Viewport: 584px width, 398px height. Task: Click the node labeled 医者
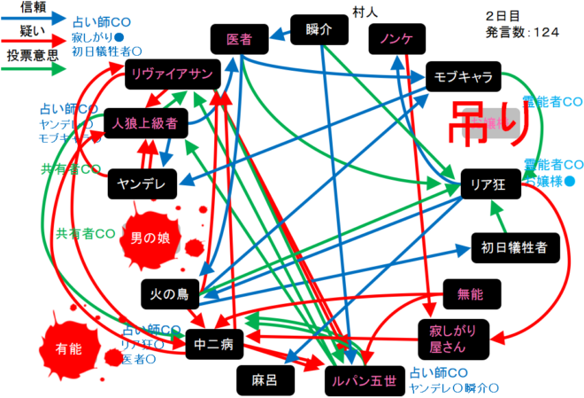pos(238,39)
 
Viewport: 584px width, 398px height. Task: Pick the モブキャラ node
pos(463,77)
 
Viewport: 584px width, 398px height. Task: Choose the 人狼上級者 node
pos(145,123)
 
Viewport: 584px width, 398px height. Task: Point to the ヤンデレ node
pos(143,184)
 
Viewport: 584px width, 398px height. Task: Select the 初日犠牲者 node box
pos(515,246)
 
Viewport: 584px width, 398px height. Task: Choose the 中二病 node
pos(214,343)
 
